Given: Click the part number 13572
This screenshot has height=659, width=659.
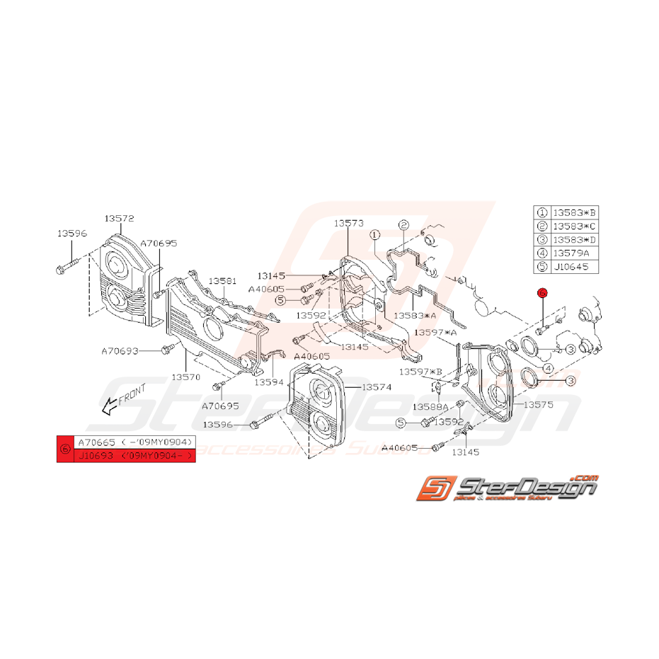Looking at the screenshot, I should [119, 219].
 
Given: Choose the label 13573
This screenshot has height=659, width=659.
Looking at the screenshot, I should [349, 223].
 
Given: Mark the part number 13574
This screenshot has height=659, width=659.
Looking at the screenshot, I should [377, 387].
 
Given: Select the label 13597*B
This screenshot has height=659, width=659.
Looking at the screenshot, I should [420, 372].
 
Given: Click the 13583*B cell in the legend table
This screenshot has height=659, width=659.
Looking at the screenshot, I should [574, 212].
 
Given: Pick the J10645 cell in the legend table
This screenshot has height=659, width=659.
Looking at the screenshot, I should [574, 267].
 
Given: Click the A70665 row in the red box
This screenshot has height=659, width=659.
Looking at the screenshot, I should [134, 442].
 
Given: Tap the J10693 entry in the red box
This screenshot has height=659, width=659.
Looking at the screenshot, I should [134, 456].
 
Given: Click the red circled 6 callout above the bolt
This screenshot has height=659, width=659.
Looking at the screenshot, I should [542, 292].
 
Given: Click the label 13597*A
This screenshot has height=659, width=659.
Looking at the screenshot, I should [435, 331].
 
